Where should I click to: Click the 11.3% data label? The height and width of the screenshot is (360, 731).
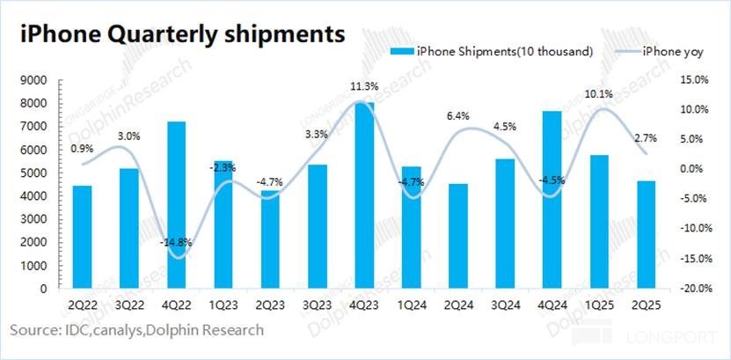point(364,86)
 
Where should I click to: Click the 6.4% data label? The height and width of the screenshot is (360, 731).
point(457,115)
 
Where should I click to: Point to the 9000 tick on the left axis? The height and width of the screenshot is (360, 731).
point(35,80)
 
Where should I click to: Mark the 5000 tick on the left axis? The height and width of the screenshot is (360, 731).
point(35,173)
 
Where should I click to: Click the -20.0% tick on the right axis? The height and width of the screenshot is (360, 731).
point(697,288)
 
